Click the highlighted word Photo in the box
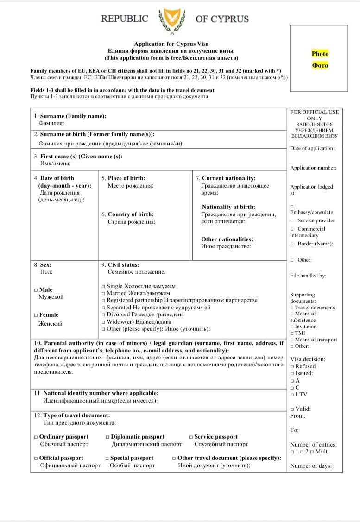(320, 54)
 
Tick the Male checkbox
(36, 290)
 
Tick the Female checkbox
(36, 315)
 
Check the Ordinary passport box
(36, 437)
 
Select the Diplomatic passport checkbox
(107, 437)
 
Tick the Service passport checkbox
(191, 437)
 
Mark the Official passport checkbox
(36, 458)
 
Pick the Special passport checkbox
(107, 458)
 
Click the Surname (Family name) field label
(73, 116)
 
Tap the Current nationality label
(228, 178)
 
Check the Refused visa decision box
(292, 366)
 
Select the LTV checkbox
(292, 395)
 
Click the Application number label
(313, 168)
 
